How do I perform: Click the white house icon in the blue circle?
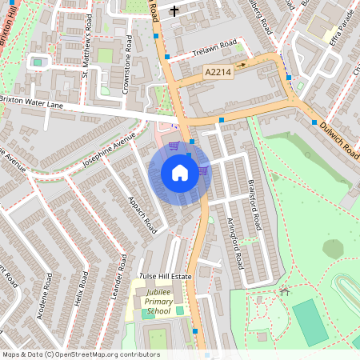coord(180,172)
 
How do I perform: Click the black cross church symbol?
coord(174,10)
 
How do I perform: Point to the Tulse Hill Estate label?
coord(166,276)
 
